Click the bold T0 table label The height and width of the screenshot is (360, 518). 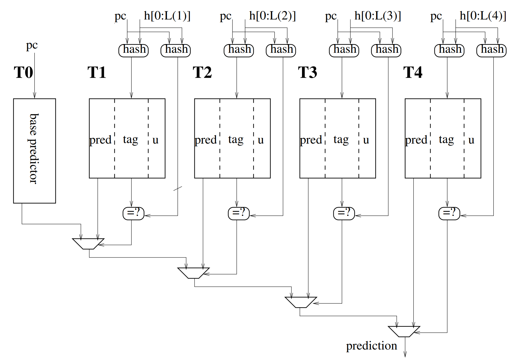[23, 73]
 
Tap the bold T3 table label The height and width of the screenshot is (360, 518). [307, 73]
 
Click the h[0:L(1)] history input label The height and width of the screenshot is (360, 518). [167, 16]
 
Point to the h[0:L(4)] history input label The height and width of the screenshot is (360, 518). [483, 16]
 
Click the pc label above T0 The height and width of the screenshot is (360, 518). [32, 46]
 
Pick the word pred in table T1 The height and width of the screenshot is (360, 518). [100, 140]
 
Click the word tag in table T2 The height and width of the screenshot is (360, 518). [236, 140]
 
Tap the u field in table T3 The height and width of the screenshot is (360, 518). [366, 140]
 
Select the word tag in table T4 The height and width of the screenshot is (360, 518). [446, 140]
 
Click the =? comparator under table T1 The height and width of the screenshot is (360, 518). [134, 213]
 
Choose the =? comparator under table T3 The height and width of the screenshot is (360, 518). [344, 213]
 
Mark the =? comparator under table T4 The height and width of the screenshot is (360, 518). [449, 213]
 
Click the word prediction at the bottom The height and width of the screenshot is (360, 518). [371, 346]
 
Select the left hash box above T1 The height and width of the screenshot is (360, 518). [134, 50]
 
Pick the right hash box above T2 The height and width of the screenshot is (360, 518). [281, 50]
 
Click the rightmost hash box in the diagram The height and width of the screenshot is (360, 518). [491, 50]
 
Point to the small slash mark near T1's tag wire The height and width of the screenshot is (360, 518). [178, 189]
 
